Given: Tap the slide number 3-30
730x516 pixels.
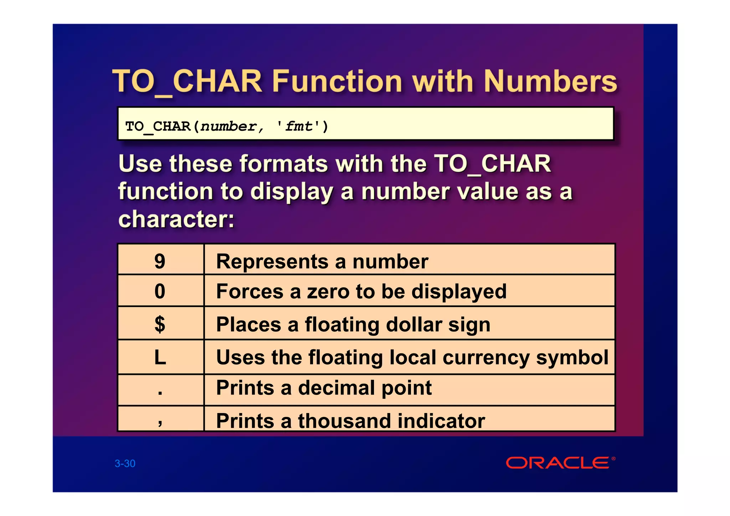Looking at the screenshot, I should tap(125, 463).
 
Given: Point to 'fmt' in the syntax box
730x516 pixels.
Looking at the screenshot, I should tap(299, 127).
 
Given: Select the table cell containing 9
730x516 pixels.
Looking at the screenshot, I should tap(160, 261).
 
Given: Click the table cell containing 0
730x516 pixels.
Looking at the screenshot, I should tap(160, 291).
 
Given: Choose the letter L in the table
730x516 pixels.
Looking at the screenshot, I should tap(160, 357).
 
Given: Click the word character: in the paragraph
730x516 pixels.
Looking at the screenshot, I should tap(176, 219).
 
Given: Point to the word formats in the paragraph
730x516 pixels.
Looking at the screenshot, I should tap(284, 164).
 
